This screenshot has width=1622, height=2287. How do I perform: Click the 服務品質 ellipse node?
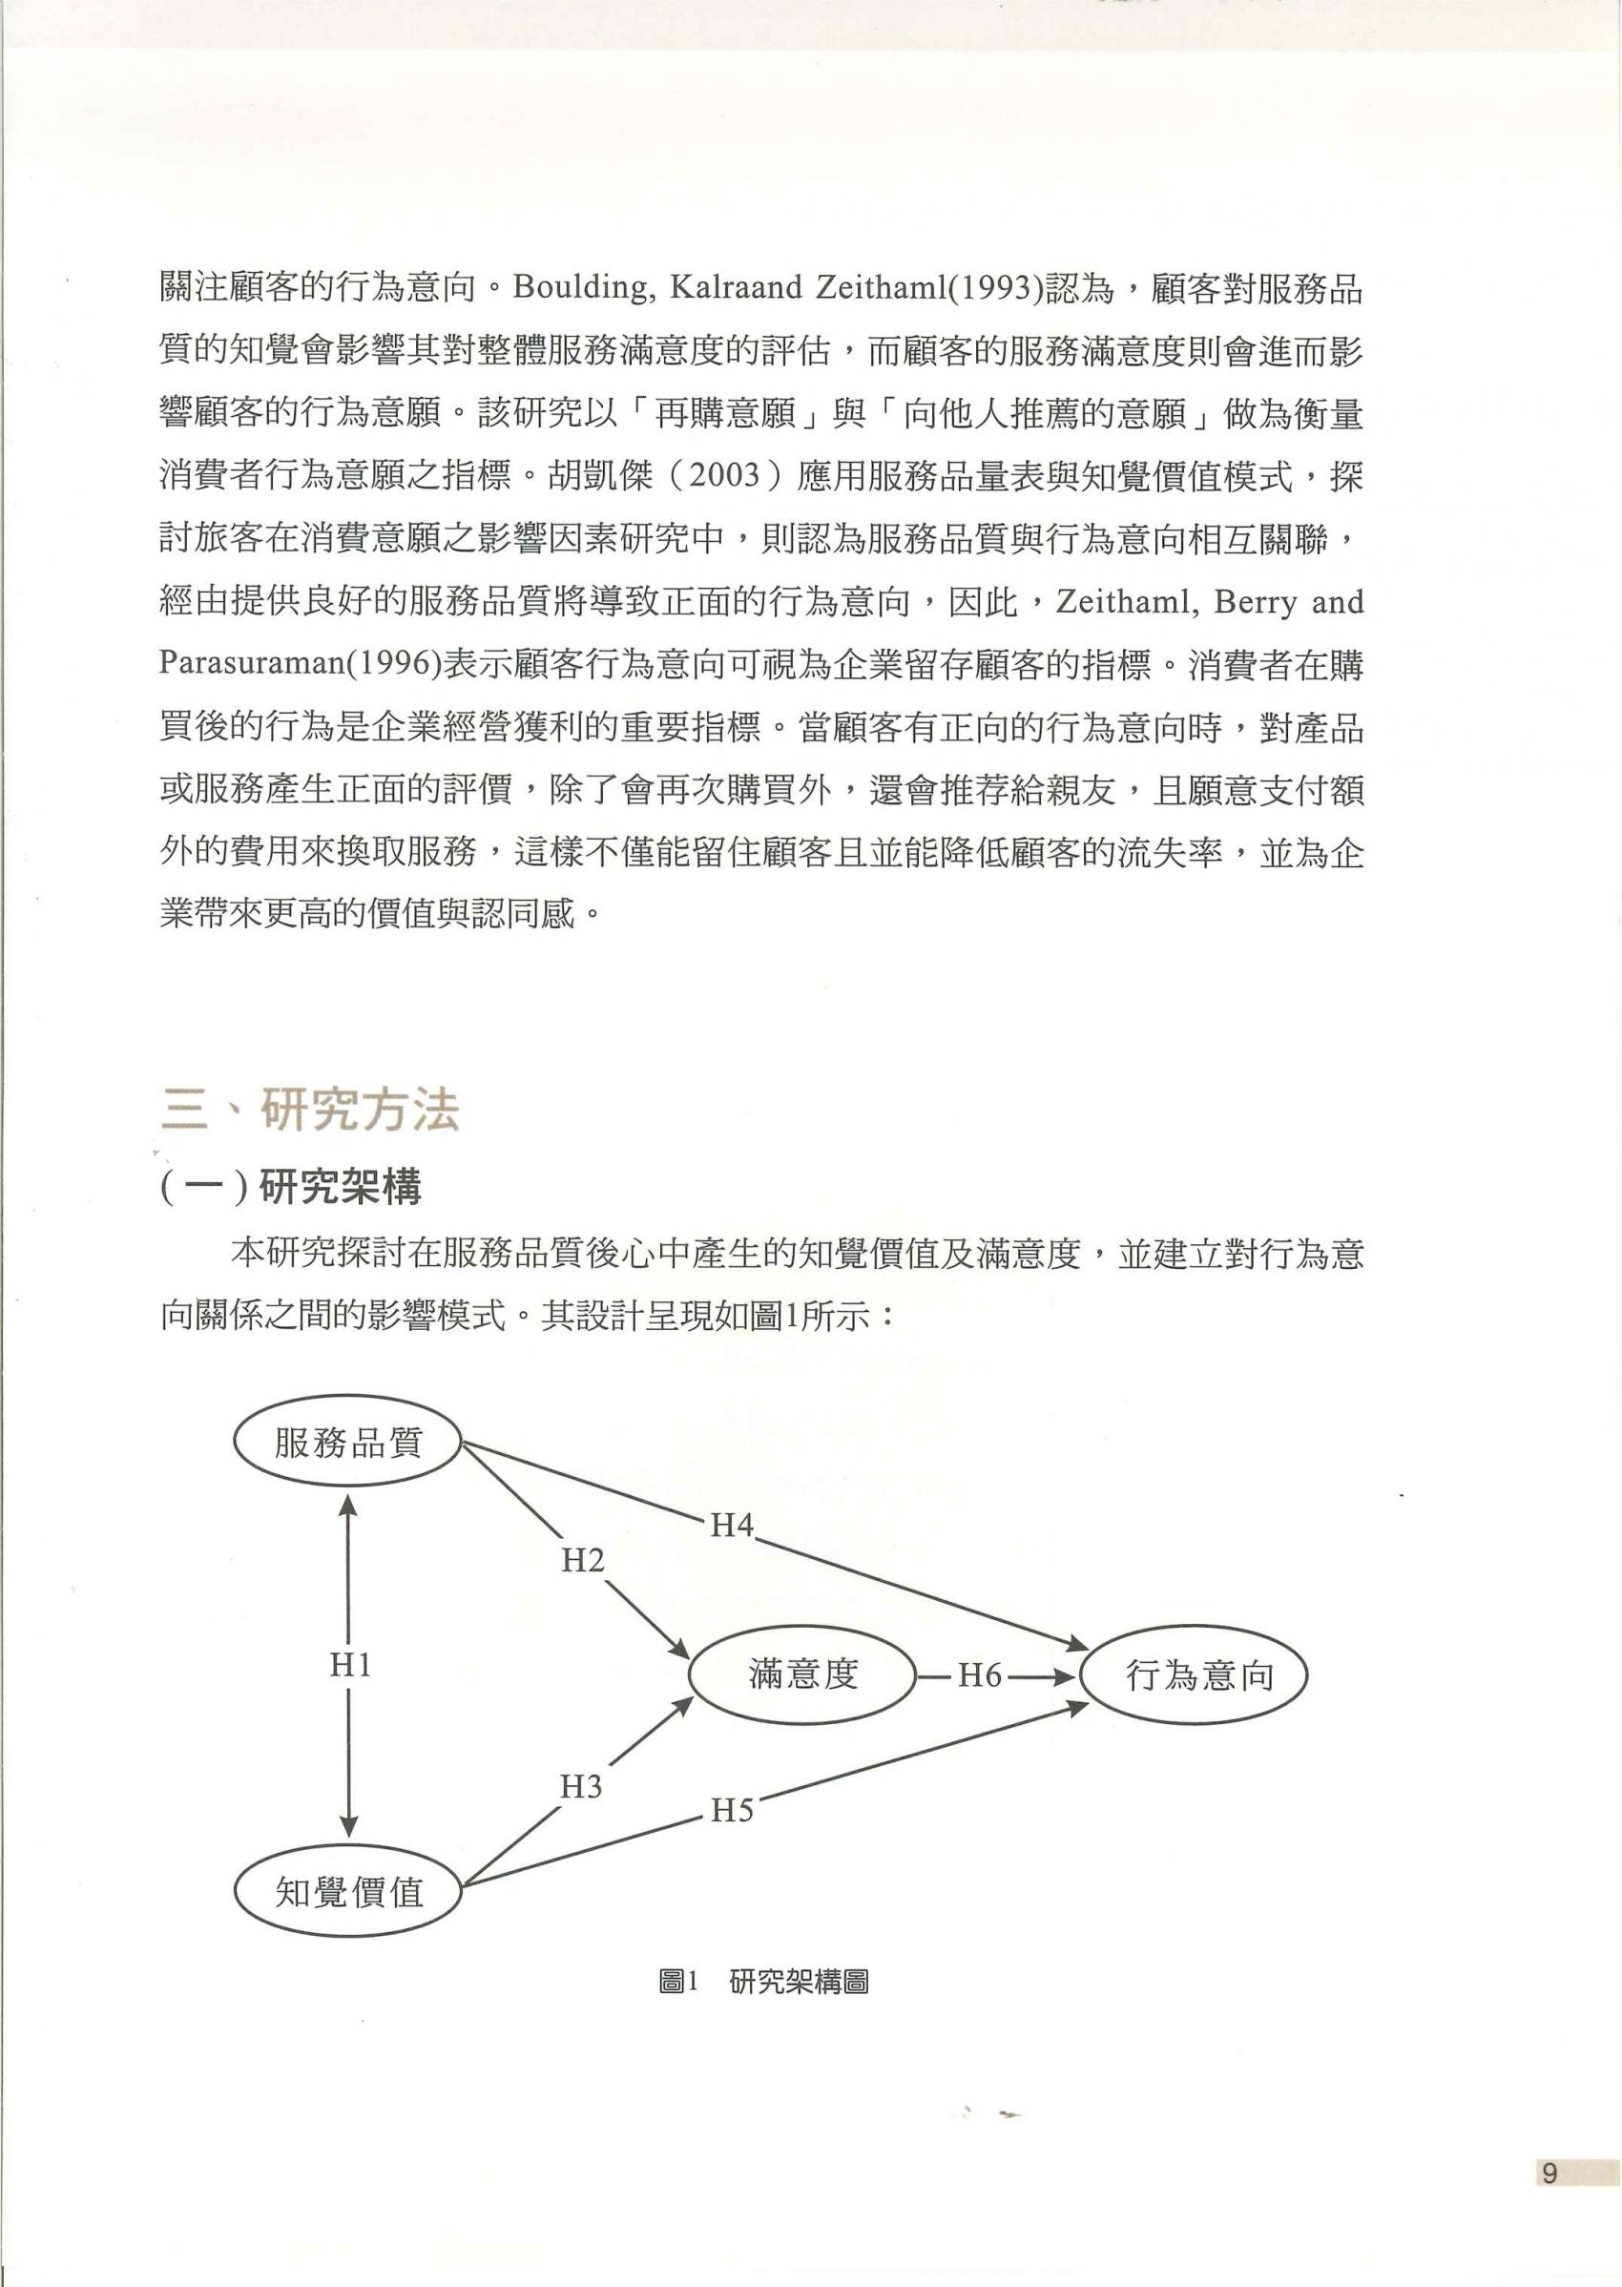(347, 1442)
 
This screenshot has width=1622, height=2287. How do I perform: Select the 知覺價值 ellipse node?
(347, 1891)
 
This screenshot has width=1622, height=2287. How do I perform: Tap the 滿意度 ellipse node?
(803, 1674)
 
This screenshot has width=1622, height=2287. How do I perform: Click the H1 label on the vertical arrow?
(349, 1665)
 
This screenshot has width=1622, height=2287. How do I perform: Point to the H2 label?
(582, 1560)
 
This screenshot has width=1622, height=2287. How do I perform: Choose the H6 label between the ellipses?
(979, 1674)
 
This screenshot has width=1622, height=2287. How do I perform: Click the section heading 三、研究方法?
(310, 1110)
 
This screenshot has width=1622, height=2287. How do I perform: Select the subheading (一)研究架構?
(291, 1187)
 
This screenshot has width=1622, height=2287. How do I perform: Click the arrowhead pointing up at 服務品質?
(347, 1504)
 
